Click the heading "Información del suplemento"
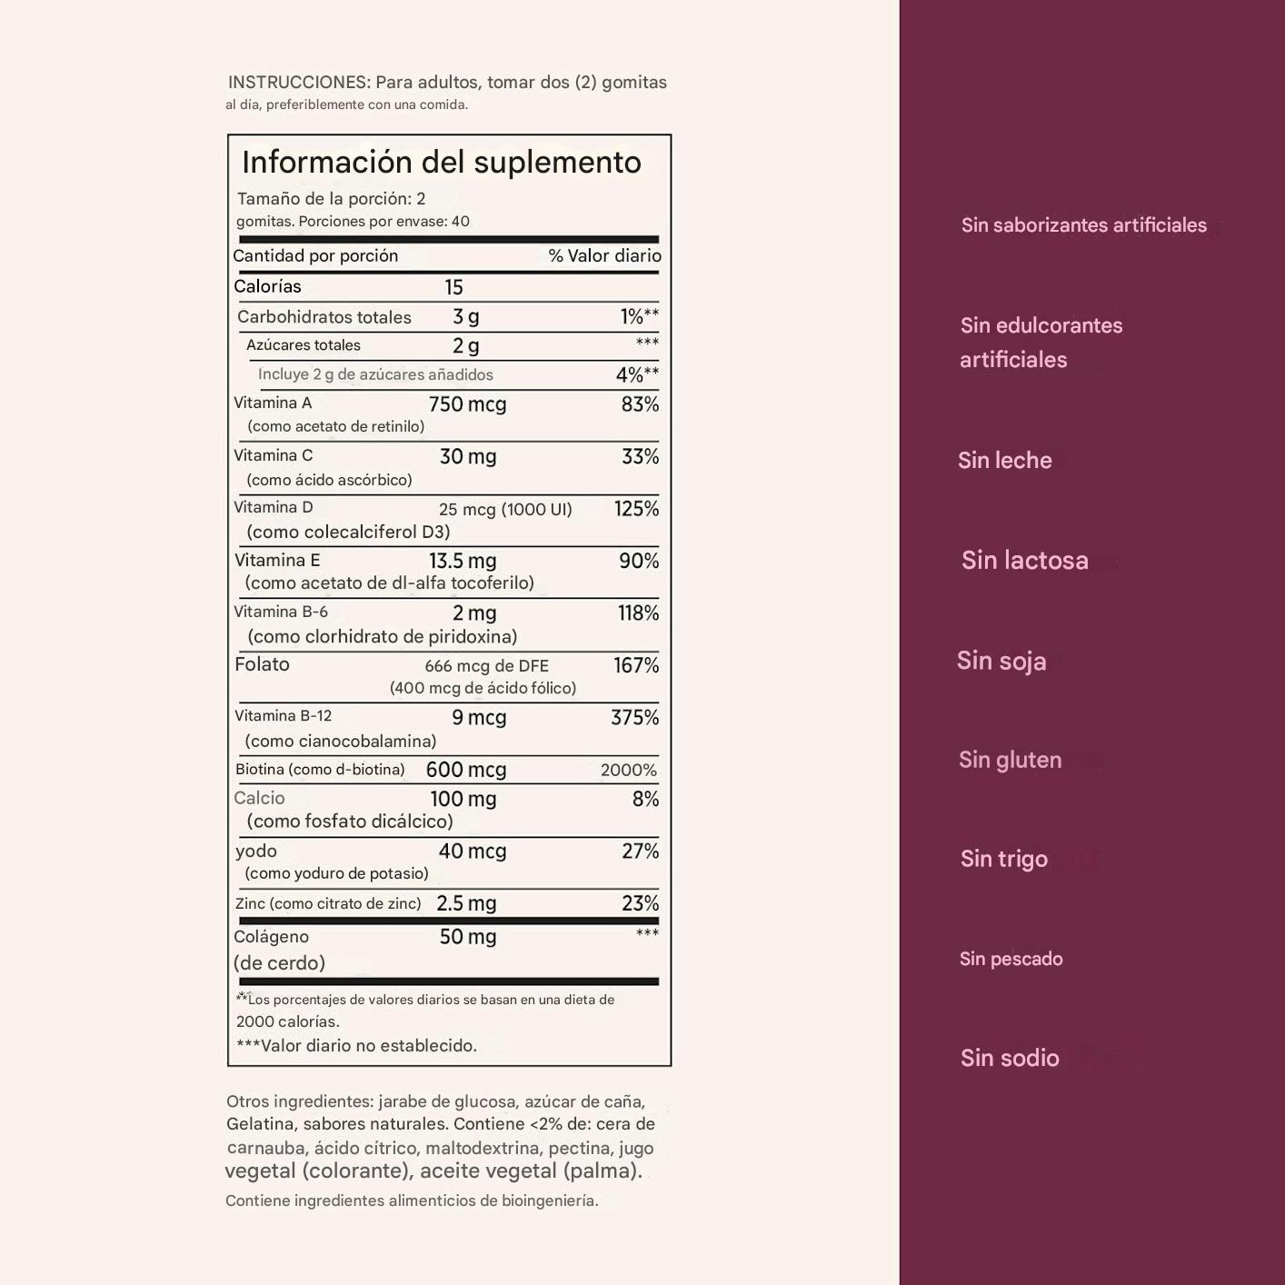[441, 163]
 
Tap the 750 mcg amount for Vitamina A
[467, 404]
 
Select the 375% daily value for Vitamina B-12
[634, 718]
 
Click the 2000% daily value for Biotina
[628, 771]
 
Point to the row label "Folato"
[262, 664]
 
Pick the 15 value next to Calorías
[453, 287]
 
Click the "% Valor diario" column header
[604, 256]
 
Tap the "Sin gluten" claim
[1010, 760]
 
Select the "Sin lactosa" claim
[1024, 560]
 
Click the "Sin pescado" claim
[1011, 959]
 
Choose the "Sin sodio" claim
[1010, 1058]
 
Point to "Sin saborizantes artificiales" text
[1083, 225]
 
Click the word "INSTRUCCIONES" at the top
[298, 83]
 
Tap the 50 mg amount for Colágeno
[467, 937]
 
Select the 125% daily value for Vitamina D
[636, 509]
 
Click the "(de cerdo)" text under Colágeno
[279, 963]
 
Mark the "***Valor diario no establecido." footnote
[356, 1046]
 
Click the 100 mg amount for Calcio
[463, 800]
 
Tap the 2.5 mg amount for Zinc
[466, 903]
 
